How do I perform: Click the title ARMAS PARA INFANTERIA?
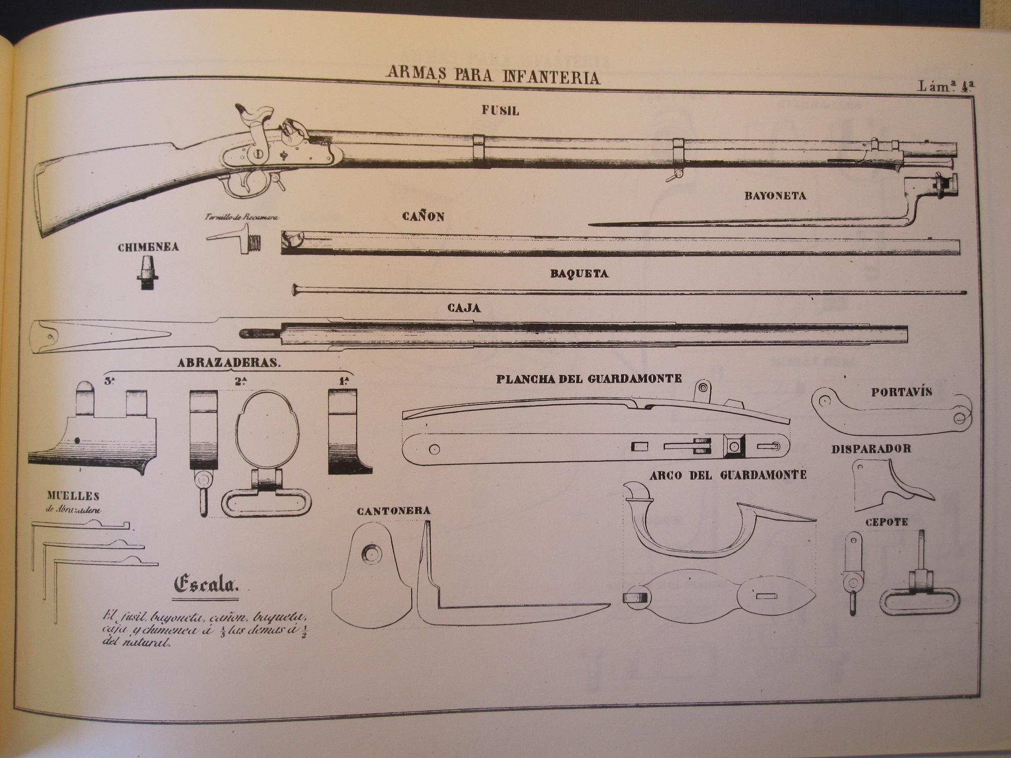(493, 76)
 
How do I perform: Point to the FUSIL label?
(500, 111)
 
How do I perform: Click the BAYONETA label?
(775, 196)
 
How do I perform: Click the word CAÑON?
(423, 217)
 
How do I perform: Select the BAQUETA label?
(579, 274)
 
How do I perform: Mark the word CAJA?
(464, 307)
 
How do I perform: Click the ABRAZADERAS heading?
(228, 363)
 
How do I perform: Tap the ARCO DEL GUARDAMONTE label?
(728, 475)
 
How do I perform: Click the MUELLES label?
(73, 496)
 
